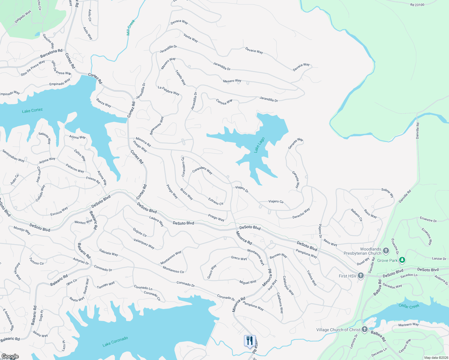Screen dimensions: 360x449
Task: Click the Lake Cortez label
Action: [32, 110]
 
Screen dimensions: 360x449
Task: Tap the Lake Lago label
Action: [259, 145]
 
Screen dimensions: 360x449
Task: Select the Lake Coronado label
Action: [115, 342]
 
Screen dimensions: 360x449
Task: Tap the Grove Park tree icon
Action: [402, 260]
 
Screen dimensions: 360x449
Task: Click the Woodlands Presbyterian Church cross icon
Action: [386, 251]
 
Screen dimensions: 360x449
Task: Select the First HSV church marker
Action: [361, 276]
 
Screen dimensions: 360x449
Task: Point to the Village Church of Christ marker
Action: [365, 329]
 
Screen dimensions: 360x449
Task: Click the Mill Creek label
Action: [131, 28]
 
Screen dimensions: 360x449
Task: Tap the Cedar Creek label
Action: [409, 306]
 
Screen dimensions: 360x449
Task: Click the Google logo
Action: [10, 356]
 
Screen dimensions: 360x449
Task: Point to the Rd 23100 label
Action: [417, 5]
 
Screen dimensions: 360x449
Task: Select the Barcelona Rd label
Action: [51, 53]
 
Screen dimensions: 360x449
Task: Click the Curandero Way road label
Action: [202, 170]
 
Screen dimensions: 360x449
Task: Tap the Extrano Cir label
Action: [216, 201]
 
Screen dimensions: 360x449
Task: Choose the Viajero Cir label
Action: [276, 201]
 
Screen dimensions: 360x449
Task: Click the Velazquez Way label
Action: [144, 244]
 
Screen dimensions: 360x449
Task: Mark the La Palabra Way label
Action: [169, 91]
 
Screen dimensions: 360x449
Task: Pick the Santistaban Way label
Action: [14, 156]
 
